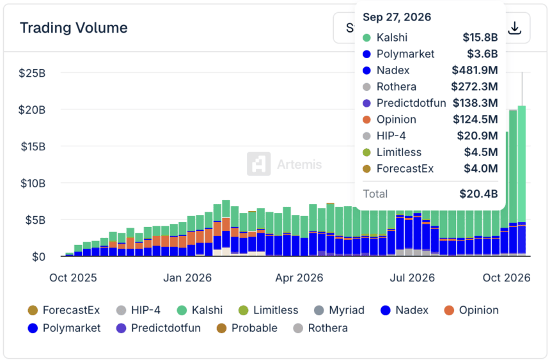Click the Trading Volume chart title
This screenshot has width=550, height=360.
click(x=74, y=27)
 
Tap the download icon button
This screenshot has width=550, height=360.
click(x=515, y=28)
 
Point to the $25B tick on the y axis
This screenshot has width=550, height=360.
click(x=32, y=73)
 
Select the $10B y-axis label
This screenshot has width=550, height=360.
click(x=33, y=183)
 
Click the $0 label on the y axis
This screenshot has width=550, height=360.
click(x=38, y=257)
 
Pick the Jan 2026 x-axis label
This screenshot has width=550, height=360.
click(x=187, y=278)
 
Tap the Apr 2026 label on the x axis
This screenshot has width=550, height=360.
click(x=299, y=278)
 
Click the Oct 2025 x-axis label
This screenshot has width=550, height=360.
click(x=73, y=278)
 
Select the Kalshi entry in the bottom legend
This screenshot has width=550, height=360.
click(x=200, y=310)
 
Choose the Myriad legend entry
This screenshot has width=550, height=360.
click(x=339, y=310)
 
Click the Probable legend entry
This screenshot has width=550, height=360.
click(x=247, y=328)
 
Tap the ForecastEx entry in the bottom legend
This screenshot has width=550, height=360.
click(x=64, y=310)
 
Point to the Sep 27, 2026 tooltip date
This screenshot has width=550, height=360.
click(x=397, y=17)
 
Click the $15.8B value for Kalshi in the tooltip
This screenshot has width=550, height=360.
click(x=480, y=37)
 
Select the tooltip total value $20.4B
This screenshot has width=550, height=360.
click(x=479, y=194)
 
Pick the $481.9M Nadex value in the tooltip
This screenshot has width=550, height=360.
click(x=475, y=70)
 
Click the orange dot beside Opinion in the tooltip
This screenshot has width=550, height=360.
click(x=366, y=120)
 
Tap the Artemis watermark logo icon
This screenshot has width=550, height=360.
click(x=259, y=164)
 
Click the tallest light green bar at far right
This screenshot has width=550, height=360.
click(x=522, y=164)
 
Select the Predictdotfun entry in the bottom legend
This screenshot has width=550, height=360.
click(x=159, y=328)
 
